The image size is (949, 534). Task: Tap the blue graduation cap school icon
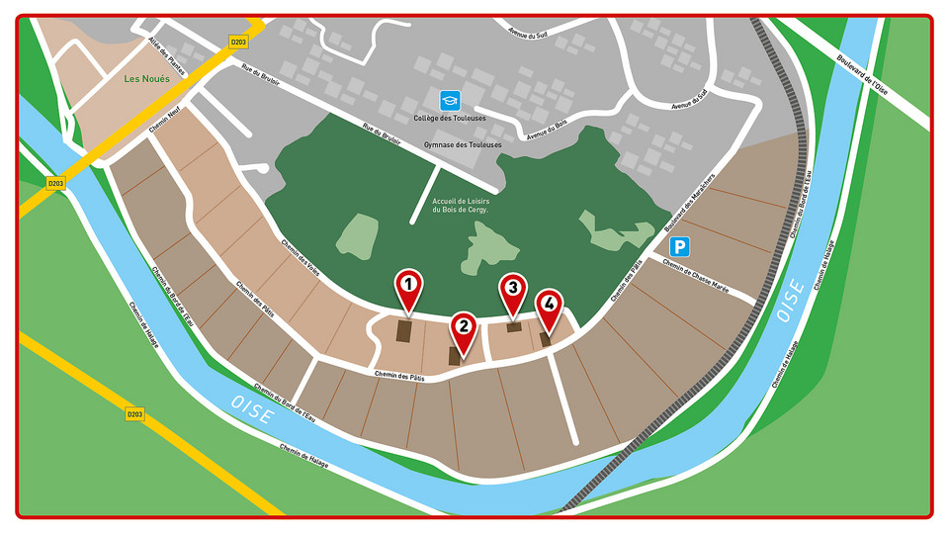450,100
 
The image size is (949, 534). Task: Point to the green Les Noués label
146,78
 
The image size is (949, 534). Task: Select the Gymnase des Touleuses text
463,144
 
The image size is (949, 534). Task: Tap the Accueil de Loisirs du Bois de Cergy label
461,205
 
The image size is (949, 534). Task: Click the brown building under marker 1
404,330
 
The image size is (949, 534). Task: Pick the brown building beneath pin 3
514,327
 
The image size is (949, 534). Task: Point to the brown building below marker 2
455,355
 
